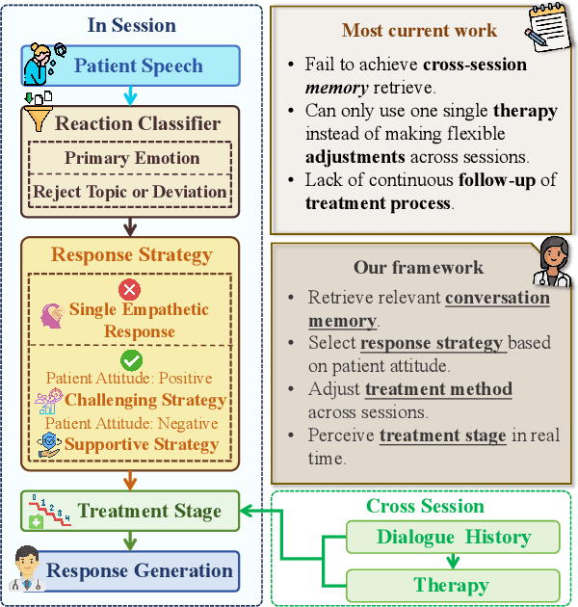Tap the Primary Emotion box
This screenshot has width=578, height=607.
click(132, 158)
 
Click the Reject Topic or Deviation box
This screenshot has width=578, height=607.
click(130, 191)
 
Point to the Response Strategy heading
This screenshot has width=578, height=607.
click(131, 254)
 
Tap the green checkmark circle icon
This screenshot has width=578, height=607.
click(131, 358)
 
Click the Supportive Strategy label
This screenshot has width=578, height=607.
click(142, 444)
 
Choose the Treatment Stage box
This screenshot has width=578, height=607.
click(131, 512)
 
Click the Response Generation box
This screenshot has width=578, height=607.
click(140, 570)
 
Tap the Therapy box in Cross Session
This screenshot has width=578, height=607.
click(452, 584)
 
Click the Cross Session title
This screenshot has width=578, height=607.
click(425, 506)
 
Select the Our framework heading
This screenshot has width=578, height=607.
click(405, 267)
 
